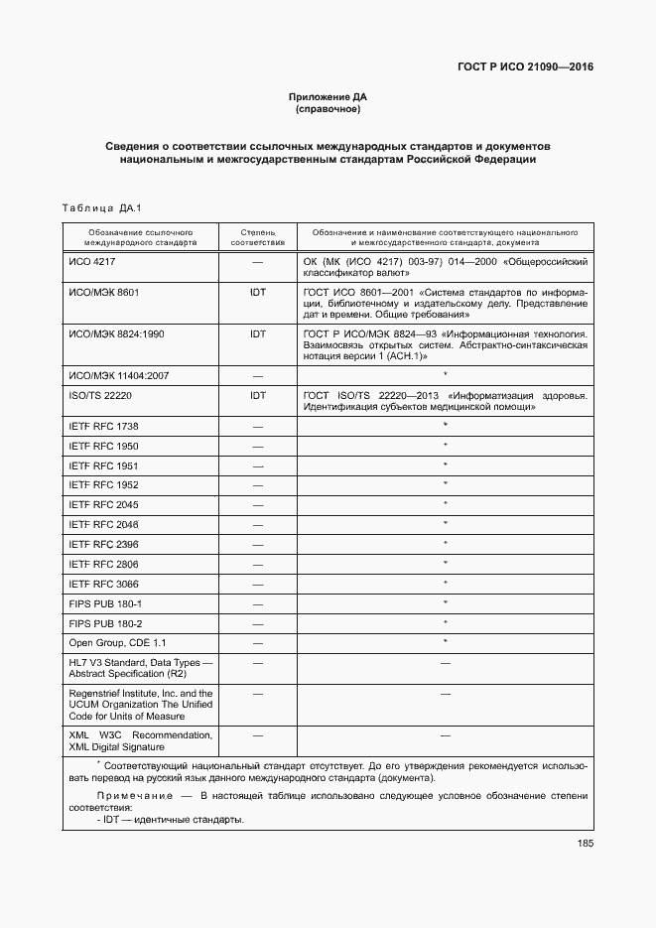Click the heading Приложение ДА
click(328, 96)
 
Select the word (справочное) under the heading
click(328, 109)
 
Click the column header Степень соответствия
click(257, 236)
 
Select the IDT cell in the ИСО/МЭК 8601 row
click(257, 294)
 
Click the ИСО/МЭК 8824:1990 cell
click(116, 334)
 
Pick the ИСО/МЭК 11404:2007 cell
click(118, 376)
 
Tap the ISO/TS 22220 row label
click(100, 395)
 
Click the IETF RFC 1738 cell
click(103, 426)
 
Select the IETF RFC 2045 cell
click(103, 505)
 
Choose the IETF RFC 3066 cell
click(103, 584)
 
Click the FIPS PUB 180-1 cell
click(105, 603)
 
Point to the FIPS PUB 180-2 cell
click(105, 623)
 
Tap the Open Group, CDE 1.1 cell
click(111, 643)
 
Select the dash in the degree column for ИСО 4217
click(257, 262)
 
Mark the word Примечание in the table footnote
click(129, 796)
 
